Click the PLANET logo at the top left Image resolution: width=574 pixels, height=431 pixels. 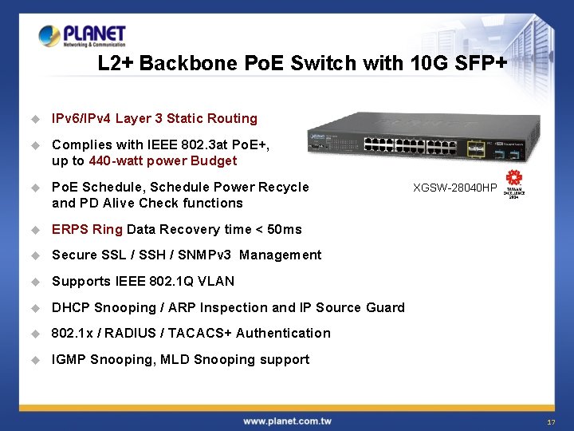tap(82, 36)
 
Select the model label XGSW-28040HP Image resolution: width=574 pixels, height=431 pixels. tap(454, 188)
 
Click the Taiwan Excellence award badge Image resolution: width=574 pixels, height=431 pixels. tap(514, 184)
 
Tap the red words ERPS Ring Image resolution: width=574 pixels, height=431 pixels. tap(87, 229)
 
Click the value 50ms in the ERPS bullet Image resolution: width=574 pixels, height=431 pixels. tap(285, 229)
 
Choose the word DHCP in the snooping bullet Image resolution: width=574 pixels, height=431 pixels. tap(71, 307)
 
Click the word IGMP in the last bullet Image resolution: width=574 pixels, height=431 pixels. tap(69, 359)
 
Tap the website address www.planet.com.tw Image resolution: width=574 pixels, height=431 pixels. tap(287, 421)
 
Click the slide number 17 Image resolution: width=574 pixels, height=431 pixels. tap(551, 421)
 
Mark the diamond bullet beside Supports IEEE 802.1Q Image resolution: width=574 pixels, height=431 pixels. tap(35, 281)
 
